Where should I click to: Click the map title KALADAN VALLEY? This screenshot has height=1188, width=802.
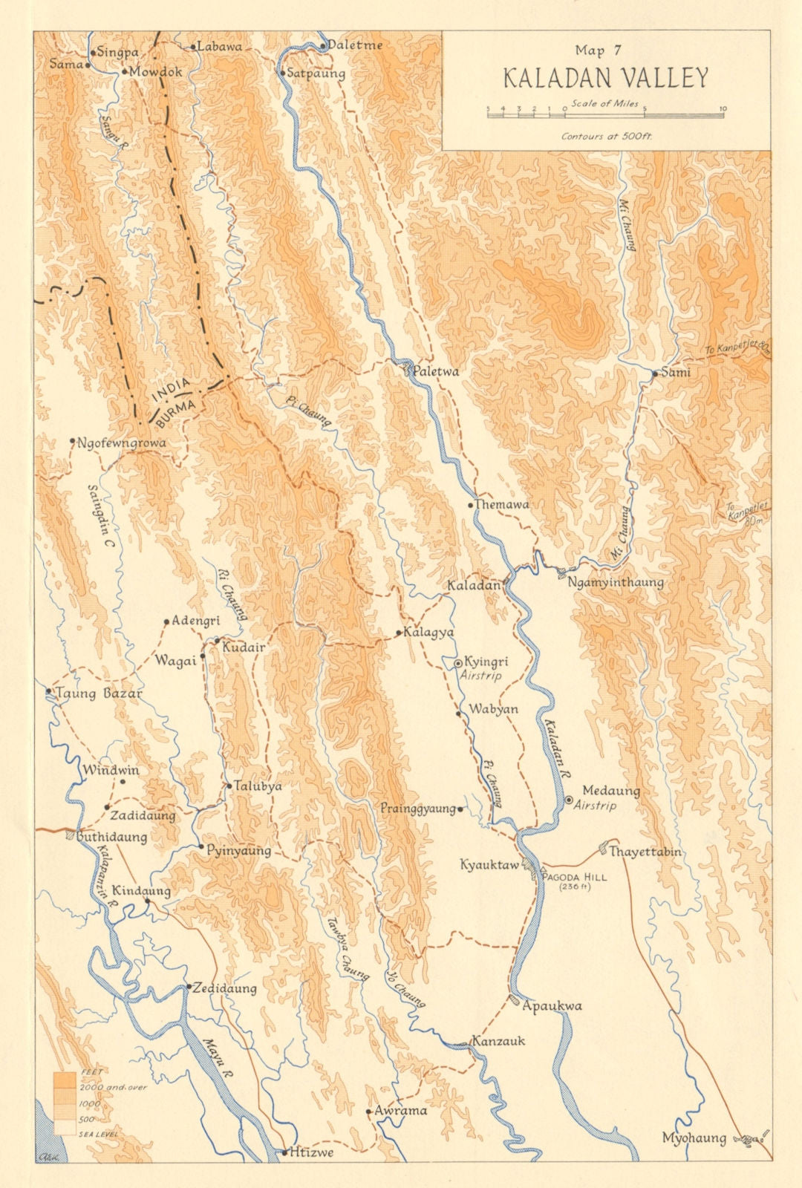coord(605,78)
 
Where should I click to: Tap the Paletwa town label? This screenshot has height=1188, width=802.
coord(436,372)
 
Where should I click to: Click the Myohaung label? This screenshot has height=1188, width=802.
coord(694,1138)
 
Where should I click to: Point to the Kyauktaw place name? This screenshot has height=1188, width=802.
coord(489,865)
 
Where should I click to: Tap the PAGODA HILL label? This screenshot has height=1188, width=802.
coord(575,877)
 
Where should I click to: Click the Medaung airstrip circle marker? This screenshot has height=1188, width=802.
coord(569,800)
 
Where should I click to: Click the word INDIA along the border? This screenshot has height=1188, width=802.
coord(172,390)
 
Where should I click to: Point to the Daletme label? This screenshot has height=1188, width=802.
coord(356,45)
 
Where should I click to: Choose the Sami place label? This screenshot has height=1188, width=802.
coord(675,372)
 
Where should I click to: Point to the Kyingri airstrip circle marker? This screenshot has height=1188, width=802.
coord(458,662)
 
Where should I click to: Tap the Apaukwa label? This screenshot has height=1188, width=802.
coord(552,1006)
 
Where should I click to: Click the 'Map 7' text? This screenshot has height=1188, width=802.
coord(600,50)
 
